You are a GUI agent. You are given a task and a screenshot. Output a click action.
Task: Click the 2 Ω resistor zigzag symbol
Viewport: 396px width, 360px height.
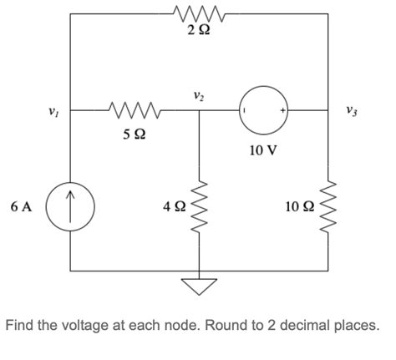pos(197,13)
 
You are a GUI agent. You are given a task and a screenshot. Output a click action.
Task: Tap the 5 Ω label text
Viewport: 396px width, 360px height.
pos(129,133)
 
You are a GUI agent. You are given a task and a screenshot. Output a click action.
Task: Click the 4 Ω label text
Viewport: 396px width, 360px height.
pos(172,206)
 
